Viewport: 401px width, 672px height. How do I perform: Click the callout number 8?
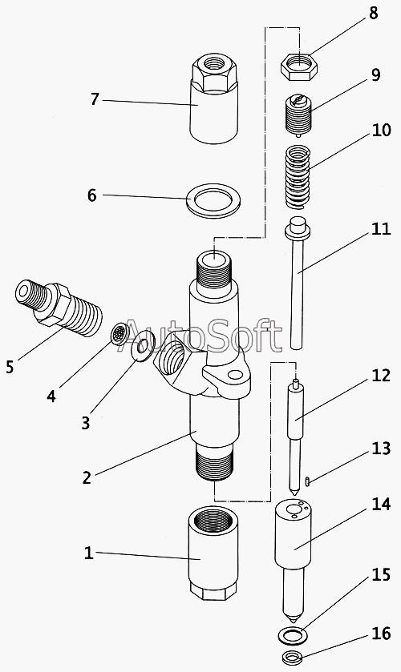pyautogui.click(x=373, y=13)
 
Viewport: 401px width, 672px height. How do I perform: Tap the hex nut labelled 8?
pyautogui.click(x=299, y=67)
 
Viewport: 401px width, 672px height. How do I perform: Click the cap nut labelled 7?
pyautogui.click(x=213, y=99)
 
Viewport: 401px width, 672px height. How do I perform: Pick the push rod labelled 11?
pyautogui.click(x=297, y=283)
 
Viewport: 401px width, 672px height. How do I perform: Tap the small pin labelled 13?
pyautogui.click(x=309, y=481)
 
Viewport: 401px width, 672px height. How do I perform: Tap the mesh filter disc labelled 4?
pyautogui.click(x=119, y=333)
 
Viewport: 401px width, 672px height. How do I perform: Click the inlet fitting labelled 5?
pyautogui.click(x=59, y=308)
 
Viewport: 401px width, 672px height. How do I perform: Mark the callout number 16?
pyautogui.click(x=380, y=633)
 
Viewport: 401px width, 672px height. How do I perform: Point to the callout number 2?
pyautogui.click(x=87, y=477)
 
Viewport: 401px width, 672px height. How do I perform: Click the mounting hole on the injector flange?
pyautogui.click(x=235, y=376)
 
